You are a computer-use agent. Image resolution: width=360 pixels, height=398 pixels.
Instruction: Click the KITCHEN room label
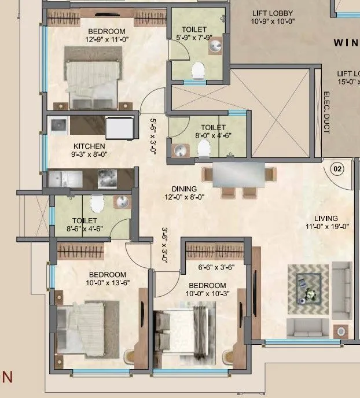pos(89,146)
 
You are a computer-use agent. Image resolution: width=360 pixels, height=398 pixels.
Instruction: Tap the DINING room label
pos(184,189)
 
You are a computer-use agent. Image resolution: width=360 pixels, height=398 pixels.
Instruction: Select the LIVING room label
pos(326,218)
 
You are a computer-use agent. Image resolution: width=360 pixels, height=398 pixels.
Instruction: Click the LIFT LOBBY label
pos(273,13)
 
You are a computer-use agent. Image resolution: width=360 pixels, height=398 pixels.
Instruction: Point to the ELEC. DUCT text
pos(326,112)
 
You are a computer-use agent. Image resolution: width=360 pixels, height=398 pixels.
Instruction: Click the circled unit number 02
pos(336,169)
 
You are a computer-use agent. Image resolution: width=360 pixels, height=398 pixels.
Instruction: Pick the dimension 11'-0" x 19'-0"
pos(326,227)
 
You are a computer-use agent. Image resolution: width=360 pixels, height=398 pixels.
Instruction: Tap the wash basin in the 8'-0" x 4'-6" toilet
pos(179,150)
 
